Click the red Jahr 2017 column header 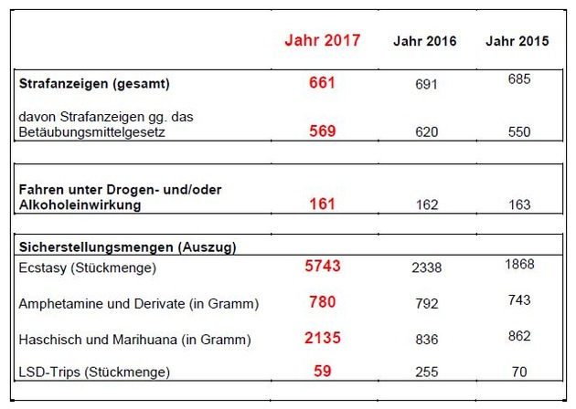(322, 40)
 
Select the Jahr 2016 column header (425, 41)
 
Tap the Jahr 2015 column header (517, 41)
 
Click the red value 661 (323, 83)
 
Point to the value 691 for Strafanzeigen (426, 84)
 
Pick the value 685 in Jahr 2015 (518, 79)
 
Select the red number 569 (323, 131)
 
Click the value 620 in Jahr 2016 (426, 131)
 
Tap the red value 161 (323, 204)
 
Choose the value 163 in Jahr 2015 (518, 204)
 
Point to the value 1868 (517, 264)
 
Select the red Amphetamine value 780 (323, 302)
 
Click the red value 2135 (323, 338)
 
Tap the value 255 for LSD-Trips (426, 372)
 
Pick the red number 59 (323, 372)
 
